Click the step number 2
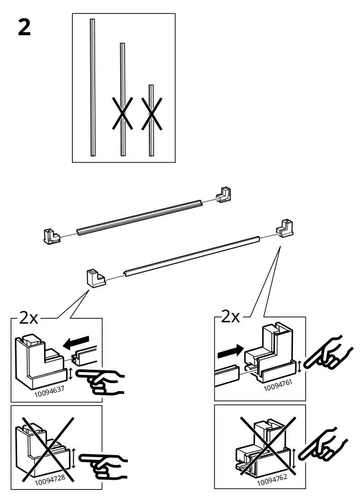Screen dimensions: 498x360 pos(25,28)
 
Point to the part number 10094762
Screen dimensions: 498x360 pos(272,481)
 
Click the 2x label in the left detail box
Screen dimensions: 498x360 pos(29,317)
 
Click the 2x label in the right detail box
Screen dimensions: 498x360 pos(231,317)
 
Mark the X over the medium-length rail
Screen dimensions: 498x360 pos(122,114)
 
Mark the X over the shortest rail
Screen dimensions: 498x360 pos(151,114)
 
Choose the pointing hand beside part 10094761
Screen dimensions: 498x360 pos(323,354)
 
